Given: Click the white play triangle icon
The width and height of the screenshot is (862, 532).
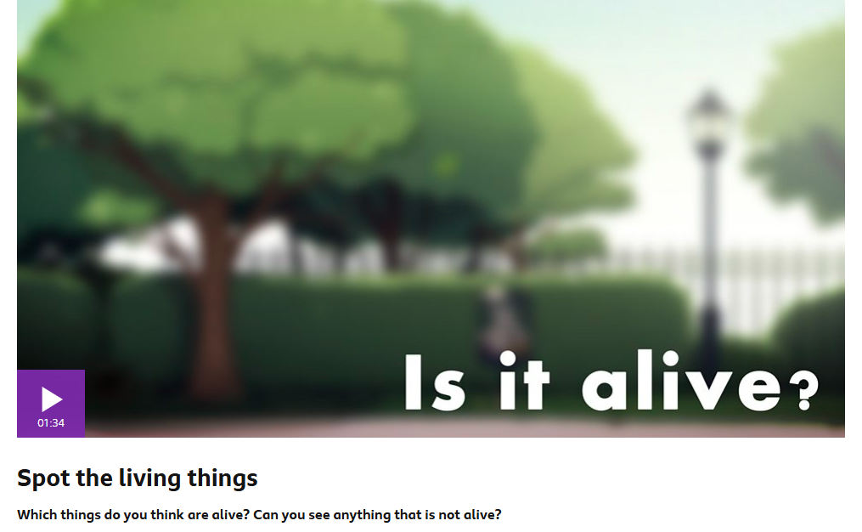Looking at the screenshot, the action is (x=51, y=399).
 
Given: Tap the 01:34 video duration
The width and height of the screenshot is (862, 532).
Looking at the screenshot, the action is (x=51, y=423).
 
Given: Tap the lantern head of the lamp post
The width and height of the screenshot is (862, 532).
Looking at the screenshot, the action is (x=708, y=124).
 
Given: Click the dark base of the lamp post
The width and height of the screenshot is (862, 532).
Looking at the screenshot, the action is (x=710, y=336).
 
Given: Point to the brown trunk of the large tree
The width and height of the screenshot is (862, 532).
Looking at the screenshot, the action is (x=215, y=297).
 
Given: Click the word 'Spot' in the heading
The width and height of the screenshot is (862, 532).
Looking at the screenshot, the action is (x=43, y=478).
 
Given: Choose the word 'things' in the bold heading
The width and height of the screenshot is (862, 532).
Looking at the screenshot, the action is (x=223, y=478).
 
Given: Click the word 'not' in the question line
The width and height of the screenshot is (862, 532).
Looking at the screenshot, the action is (x=448, y=515).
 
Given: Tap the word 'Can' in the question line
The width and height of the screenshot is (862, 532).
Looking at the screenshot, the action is (x=265, y=514).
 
